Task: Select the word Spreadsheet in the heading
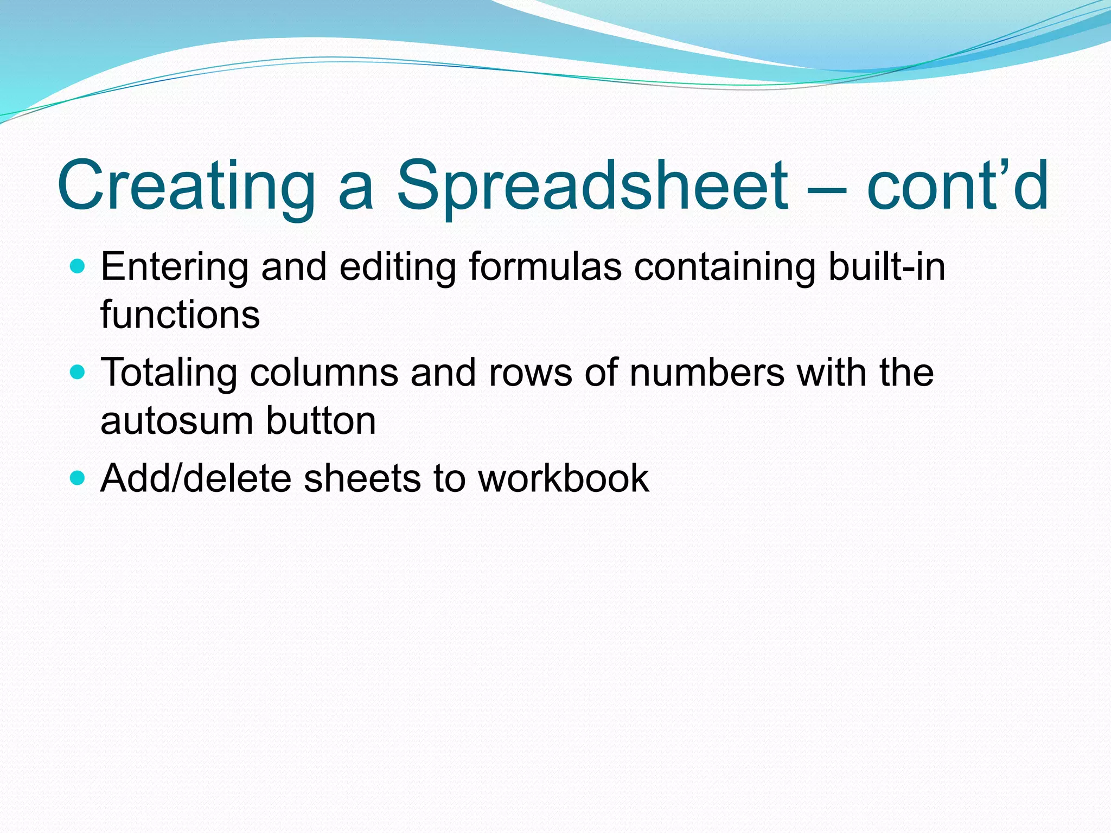pyautogui.click(x=592, y=185)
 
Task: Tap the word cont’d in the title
pyautogui.click(x=957, y=185)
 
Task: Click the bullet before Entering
pyautogui.click(x=79, y=266)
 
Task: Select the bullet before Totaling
pyautogui.click(x=79, y=372)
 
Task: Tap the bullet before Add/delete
pyautogui.click(x=79, y=478)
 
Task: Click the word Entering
pyautogui.click(x=174, y=267)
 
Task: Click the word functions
pyautogui.click(x=180, y=315)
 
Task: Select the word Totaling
pyautogui.click(x=169, y=373)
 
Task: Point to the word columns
pyautogui.click(x=324, y=373)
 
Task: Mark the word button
pyautogui.click(x=321, y=420)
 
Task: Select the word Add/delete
pyautogui.click(x=196, y=478)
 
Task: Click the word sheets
pyautogui.click(x=362, y=478)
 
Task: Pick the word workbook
pyautogui.click(x=563, y=478)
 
